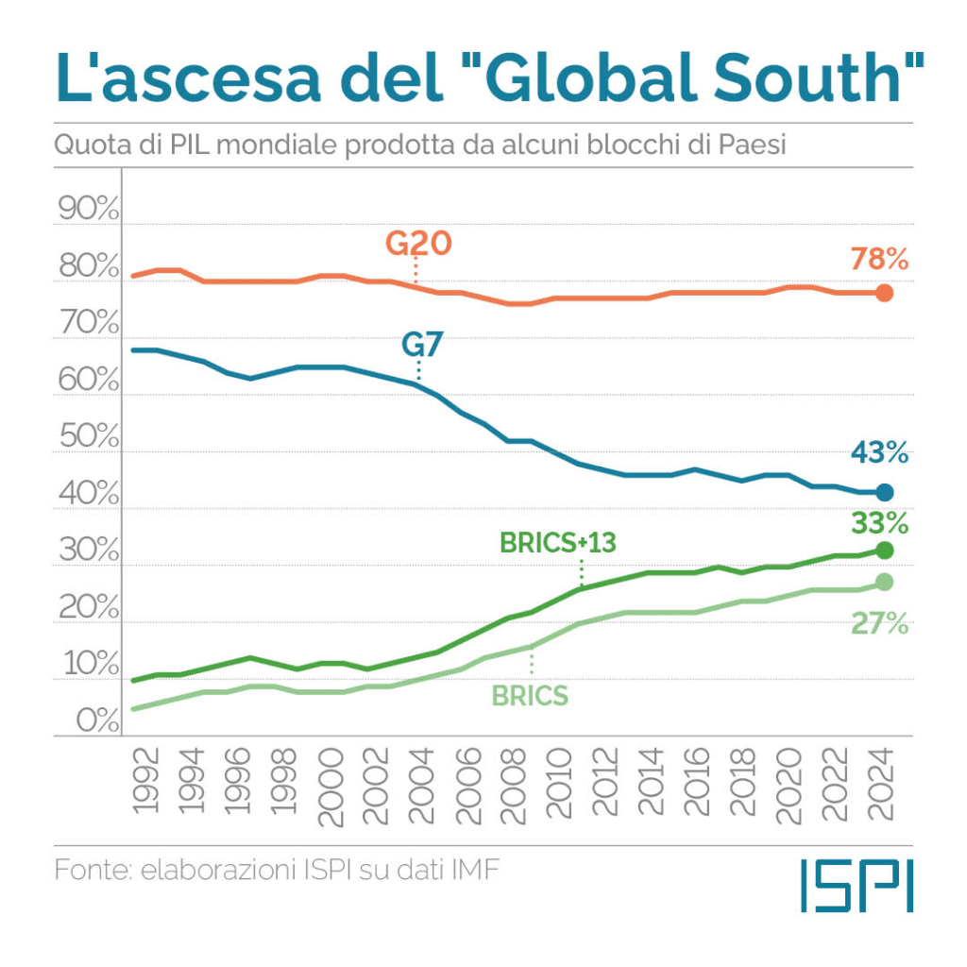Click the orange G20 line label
418,244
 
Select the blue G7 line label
421,346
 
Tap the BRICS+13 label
557,543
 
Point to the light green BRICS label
530,696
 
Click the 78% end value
878,259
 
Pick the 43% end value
878,453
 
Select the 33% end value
878,522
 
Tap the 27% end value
878,623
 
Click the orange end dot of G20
884,293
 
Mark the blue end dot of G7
884,492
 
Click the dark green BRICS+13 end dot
884,551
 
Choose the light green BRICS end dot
884,583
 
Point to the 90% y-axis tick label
88,211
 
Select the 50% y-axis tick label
88,438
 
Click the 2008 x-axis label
515,783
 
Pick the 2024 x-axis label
885,783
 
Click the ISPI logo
856,885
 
